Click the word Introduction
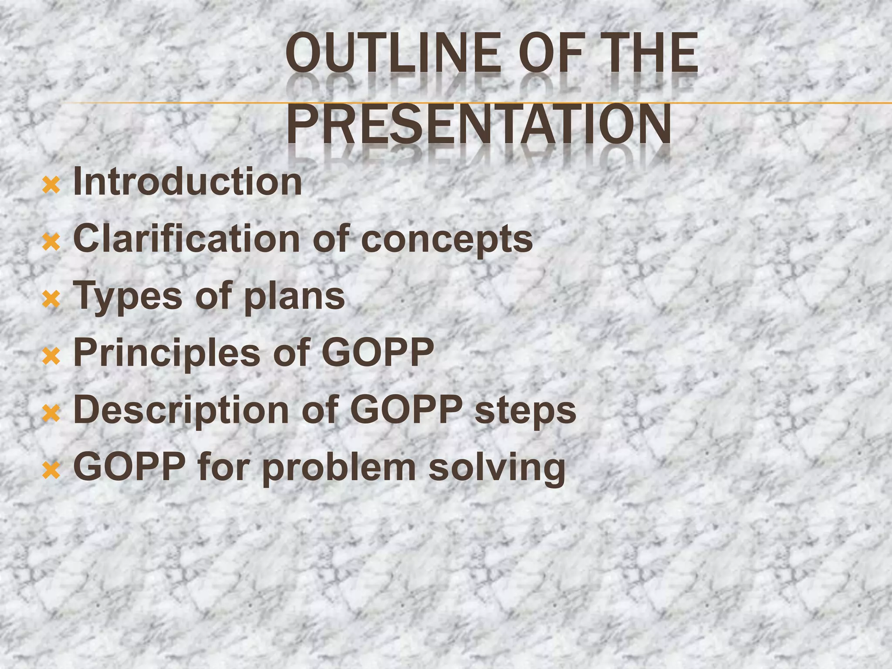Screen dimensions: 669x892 click(187, 182)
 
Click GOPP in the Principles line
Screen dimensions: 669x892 click(378, 352)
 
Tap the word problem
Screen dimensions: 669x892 click(339, 468)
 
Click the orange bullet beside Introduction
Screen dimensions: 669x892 click(51, 186)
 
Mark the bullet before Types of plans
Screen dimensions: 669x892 click(51, 300)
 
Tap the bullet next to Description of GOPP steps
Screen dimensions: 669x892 click(51, 413)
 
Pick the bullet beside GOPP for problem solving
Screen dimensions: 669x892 click(51, 470)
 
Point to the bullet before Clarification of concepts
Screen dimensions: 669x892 click(51, 243)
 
